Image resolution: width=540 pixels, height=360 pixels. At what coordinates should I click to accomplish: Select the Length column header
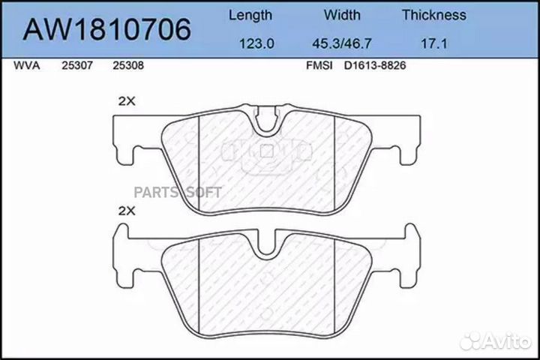point(250,15)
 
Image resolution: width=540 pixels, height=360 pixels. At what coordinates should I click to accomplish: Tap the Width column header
point(342,15)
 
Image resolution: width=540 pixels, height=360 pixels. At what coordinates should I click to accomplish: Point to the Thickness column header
point(433,15)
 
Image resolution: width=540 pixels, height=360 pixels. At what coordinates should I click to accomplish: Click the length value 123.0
point(255,44)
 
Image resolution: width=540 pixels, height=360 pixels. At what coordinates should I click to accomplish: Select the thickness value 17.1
point(433,44)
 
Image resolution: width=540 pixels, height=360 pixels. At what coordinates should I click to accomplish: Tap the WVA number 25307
point(76,65)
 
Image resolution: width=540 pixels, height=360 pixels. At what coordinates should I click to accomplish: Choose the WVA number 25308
point(127,65)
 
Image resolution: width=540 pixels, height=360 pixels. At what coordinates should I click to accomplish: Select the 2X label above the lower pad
point(127,212)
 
